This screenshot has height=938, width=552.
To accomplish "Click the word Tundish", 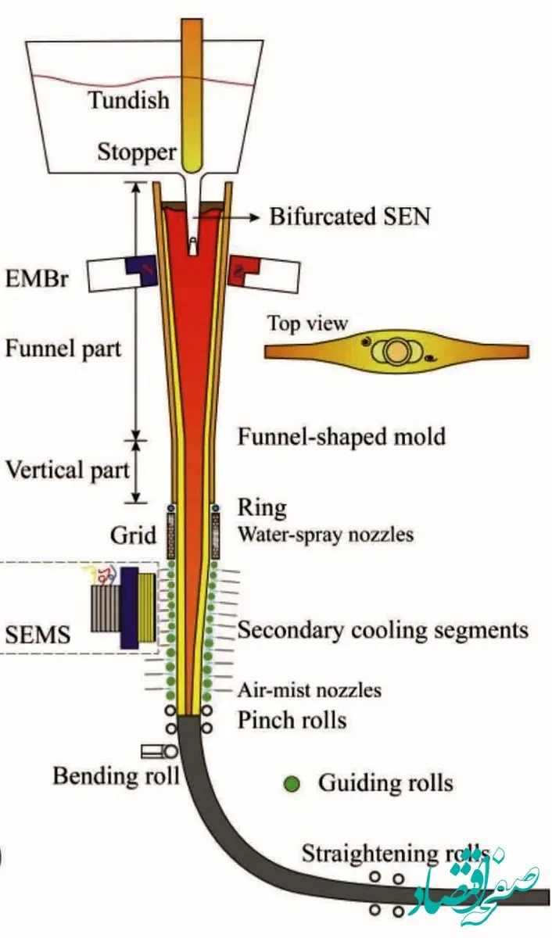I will [x=128, y=100].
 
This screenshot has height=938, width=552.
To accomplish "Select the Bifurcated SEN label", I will [x=349, y=216].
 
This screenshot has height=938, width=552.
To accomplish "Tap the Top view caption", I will [x=307, y=322].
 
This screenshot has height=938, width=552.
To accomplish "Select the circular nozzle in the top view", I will [x=395, y=353].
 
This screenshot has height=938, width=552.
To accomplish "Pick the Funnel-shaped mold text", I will [x=341, y=435].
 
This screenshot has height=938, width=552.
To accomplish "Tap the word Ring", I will [x=262, y=508].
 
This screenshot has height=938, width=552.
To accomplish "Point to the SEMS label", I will [x=37, y=634].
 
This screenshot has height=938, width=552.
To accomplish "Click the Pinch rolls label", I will [x=291, y=719].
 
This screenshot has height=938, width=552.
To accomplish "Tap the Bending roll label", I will [x=116, y=775].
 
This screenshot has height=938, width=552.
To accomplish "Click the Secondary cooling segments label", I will [x=382, y=630].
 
